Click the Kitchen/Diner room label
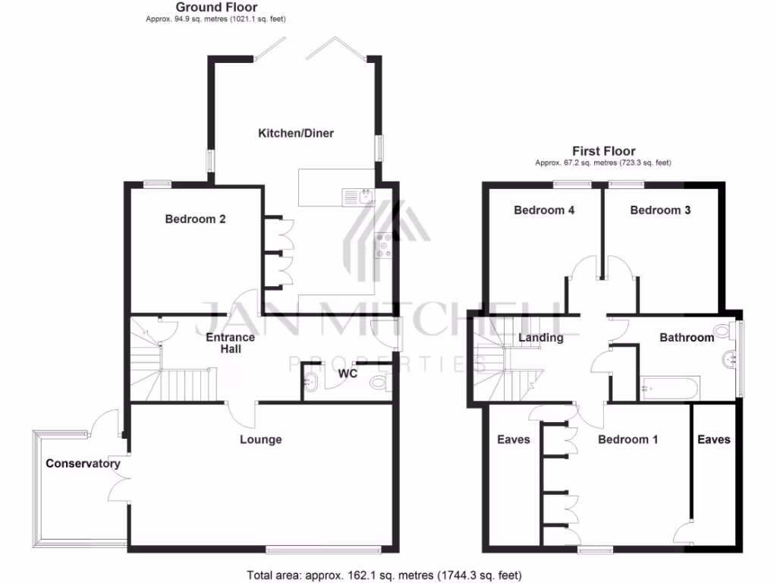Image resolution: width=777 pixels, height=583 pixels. click(296, 134)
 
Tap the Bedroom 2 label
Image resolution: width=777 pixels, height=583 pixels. click(196, 219)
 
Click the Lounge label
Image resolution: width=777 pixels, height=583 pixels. click(260, 440)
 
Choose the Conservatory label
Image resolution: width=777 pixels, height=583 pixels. click(83, 464)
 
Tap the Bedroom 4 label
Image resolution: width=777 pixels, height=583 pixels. click(544, 210)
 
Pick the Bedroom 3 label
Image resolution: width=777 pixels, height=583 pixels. click(660, 210)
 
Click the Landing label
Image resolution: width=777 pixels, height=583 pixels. click(540, 338)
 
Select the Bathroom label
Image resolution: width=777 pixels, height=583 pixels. click(687, 338)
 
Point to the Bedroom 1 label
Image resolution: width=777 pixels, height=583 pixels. click(628, 440)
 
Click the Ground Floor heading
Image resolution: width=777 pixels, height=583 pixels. click(216, 8)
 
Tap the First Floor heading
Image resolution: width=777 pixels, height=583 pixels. click(603, 151)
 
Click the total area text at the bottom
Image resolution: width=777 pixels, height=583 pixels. click(385, 575)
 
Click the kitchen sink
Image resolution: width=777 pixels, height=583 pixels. click(357, 197)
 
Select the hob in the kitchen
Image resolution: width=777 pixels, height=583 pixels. click(384, 244)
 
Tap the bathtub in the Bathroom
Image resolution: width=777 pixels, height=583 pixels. click(670, 388)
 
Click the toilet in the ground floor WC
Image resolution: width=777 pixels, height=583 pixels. click(377, 383)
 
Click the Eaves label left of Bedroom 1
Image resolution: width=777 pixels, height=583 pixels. click(513, 440)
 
